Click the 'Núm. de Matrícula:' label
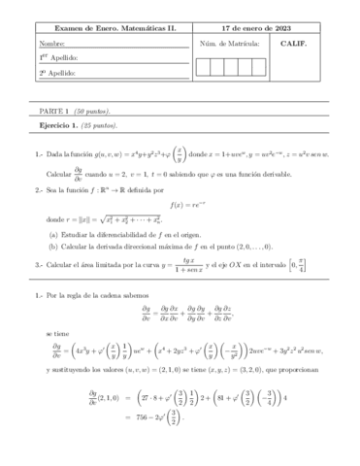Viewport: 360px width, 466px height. tap(229, 45)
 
